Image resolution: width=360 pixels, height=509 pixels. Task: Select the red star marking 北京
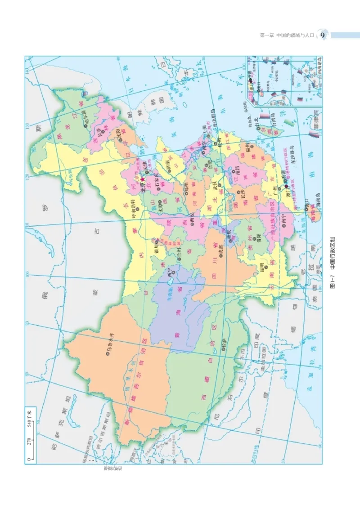pos(143,179)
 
